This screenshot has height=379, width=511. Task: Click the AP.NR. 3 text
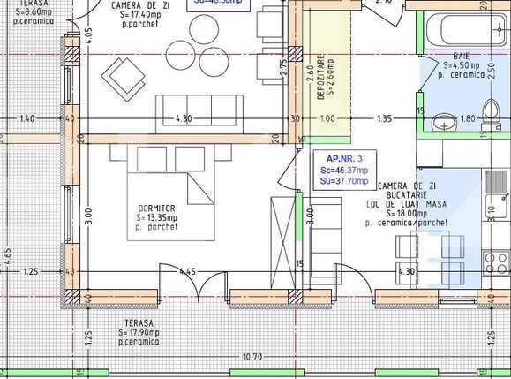pos(344,158)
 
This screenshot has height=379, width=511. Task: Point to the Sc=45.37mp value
pos(345,170)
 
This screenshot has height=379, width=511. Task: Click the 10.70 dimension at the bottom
pos(252,357)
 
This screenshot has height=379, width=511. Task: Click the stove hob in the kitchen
pos(497,262)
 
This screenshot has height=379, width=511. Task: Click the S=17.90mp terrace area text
pos(141,332)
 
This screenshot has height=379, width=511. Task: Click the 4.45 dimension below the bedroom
pos(186,271)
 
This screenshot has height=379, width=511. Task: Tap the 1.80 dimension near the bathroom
pos(469,118)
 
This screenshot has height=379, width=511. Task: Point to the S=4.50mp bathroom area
pos(462,64)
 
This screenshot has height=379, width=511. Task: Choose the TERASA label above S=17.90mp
pos(140,322)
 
